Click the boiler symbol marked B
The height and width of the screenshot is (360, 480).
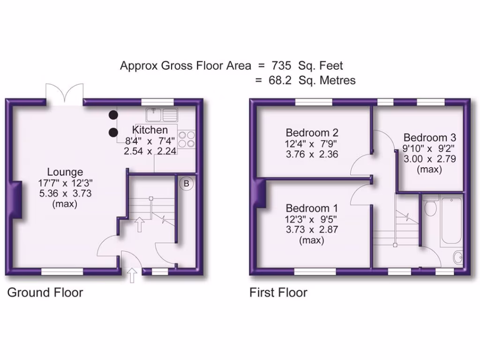187,184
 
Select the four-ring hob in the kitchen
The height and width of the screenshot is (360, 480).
187,139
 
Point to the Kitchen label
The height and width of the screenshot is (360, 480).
150,130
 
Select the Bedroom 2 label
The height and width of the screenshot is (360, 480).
312,132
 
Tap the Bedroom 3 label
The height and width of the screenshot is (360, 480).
429,138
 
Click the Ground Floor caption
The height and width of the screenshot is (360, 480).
45,293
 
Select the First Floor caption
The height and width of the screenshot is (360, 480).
278,293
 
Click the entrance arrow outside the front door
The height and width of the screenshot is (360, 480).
132,275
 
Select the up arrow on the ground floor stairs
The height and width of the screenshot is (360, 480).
139,224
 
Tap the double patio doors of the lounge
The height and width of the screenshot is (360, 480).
65,94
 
